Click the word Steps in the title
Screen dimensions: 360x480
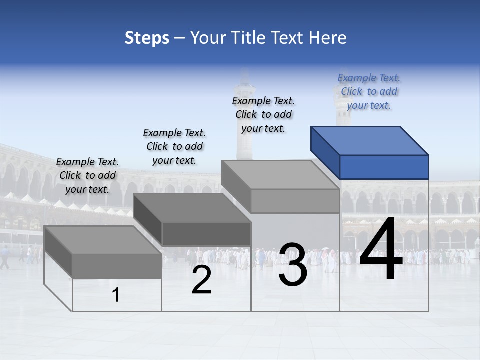click(x=147, y=38)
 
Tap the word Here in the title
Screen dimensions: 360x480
click(x=327, y=38)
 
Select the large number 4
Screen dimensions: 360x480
click(x=381, y=250)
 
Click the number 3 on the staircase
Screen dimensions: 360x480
click(x=293, y=265)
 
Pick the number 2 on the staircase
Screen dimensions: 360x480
click(x=201, y=280)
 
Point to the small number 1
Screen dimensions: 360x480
click(x=116, y=295)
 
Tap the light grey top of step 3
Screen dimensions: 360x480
click(x=280, y=175)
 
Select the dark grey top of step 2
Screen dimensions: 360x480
click(x=191, y=208)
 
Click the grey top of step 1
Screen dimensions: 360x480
click(x=103, y=240)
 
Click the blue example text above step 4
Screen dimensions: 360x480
click(x=369, y=91)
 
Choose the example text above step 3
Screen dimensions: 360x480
click(x=263, y=114)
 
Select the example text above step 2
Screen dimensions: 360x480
click(x=174, y=146)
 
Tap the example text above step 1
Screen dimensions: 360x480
click(x=87, y=175)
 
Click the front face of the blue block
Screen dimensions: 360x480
click(x=384, y=167)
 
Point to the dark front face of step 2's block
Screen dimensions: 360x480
click(x=206, y=234)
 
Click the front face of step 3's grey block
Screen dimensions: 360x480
click(x=295, y=201)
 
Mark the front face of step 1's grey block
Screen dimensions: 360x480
click(x=117, y=266)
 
